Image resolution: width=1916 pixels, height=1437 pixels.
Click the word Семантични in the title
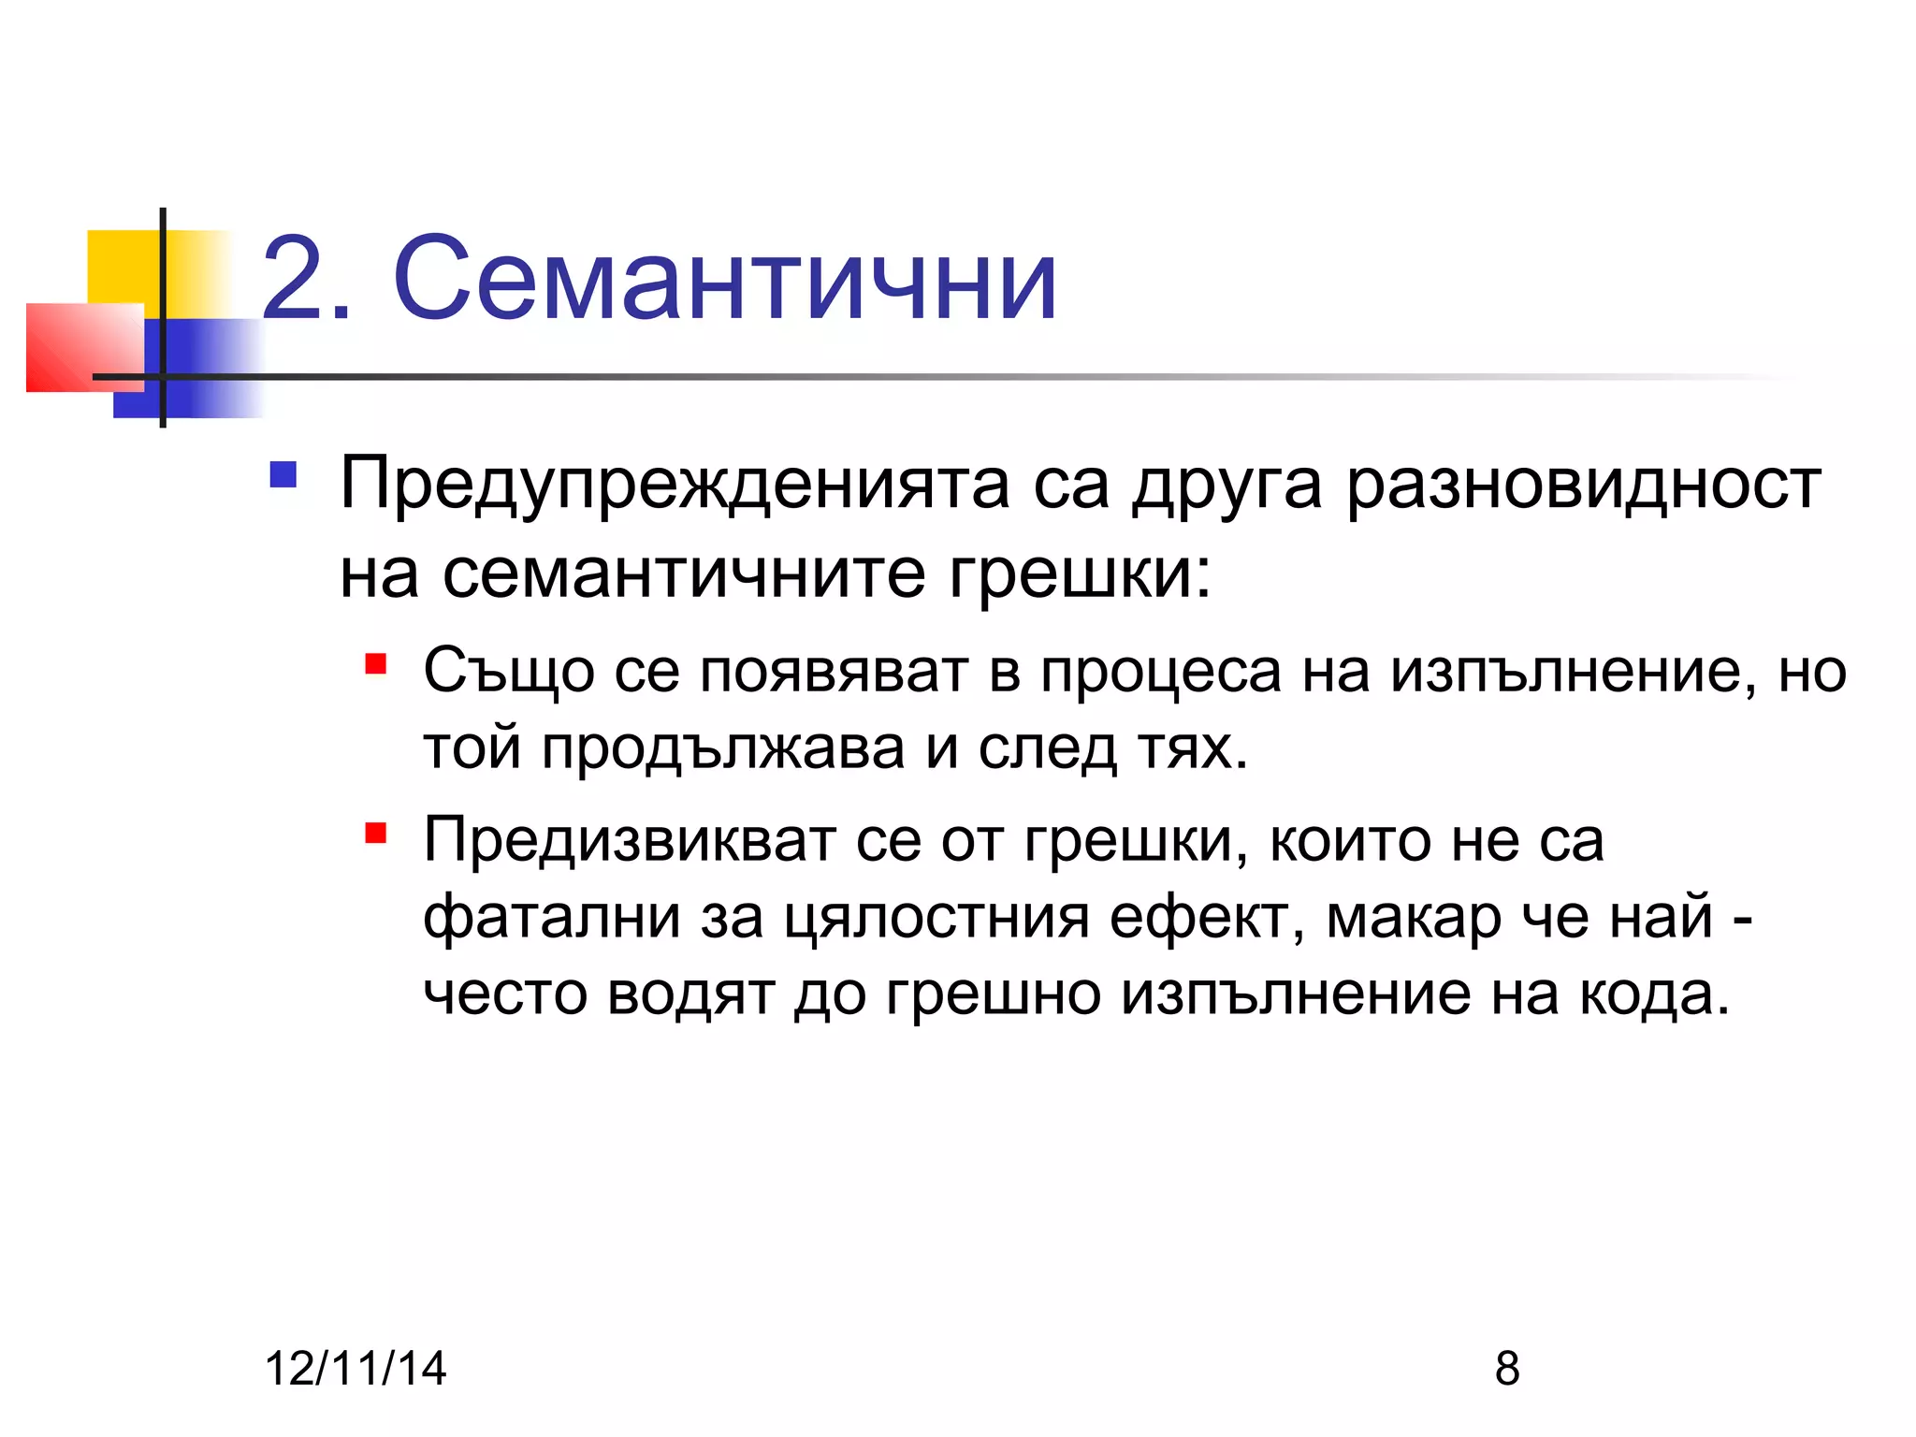pos(725,279)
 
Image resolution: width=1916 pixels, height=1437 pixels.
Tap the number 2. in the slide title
pos(307,279)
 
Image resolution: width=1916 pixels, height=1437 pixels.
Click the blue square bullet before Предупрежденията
pos(283,475)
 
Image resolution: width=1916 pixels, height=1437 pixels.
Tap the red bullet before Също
pos(376,665)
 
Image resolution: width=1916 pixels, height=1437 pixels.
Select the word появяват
pos(834,672)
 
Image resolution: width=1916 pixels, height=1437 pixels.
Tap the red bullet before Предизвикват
pos(376,833)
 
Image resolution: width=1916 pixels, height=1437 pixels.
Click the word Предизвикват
pos(629,840)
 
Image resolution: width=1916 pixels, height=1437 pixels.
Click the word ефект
pos(1207,917)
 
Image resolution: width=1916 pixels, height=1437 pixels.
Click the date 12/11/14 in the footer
pos(356,1368)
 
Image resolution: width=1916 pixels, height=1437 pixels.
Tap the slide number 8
pos(1507,1368)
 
